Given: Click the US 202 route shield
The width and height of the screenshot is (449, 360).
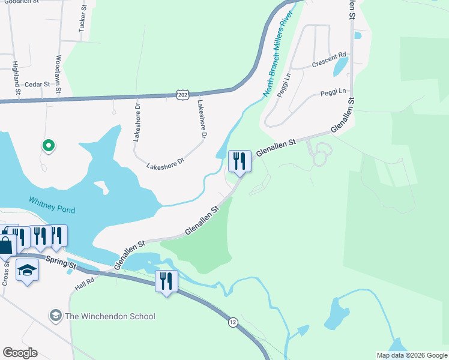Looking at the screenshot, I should click(182, 95).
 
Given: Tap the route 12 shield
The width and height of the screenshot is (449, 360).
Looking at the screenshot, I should click(233, 322).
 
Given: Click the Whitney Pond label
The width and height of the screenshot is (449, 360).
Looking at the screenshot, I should click(52, 205).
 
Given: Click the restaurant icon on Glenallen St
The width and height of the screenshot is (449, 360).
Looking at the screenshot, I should click(240, 161).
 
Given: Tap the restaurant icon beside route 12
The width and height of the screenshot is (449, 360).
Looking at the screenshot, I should click(166, 281).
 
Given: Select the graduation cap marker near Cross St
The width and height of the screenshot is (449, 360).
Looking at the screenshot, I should click(26, 271).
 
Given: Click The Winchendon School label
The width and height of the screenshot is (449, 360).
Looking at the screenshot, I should click(110, 316).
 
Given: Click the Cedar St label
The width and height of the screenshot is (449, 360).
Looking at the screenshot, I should click(37, 85).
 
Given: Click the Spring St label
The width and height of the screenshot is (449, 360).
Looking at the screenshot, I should click(64, 263).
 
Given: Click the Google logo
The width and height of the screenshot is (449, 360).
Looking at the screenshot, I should click(20, 353).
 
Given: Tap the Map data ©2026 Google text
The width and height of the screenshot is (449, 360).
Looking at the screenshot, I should click(411, 355).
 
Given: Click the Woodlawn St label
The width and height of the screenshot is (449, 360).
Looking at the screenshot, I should click(59, 74).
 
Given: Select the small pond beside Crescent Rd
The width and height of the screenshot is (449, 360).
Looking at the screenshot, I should click(340, 65).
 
